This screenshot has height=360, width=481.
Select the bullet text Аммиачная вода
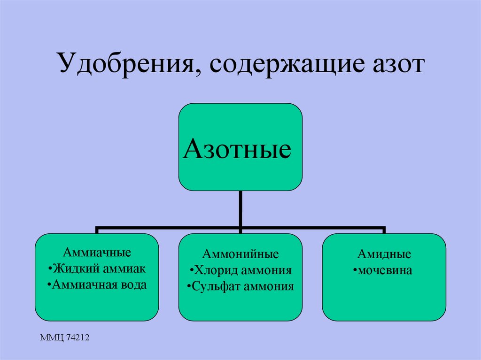click(x=98, y=284)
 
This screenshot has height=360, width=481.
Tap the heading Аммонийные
click(x=240, y=255)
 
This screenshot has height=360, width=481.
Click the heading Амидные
click(x=384, y=255)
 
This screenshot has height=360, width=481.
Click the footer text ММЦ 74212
click(x=64, y=337)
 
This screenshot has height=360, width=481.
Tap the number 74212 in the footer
click(x=77, y=337)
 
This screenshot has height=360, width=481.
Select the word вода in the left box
click(x=132, y=284)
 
